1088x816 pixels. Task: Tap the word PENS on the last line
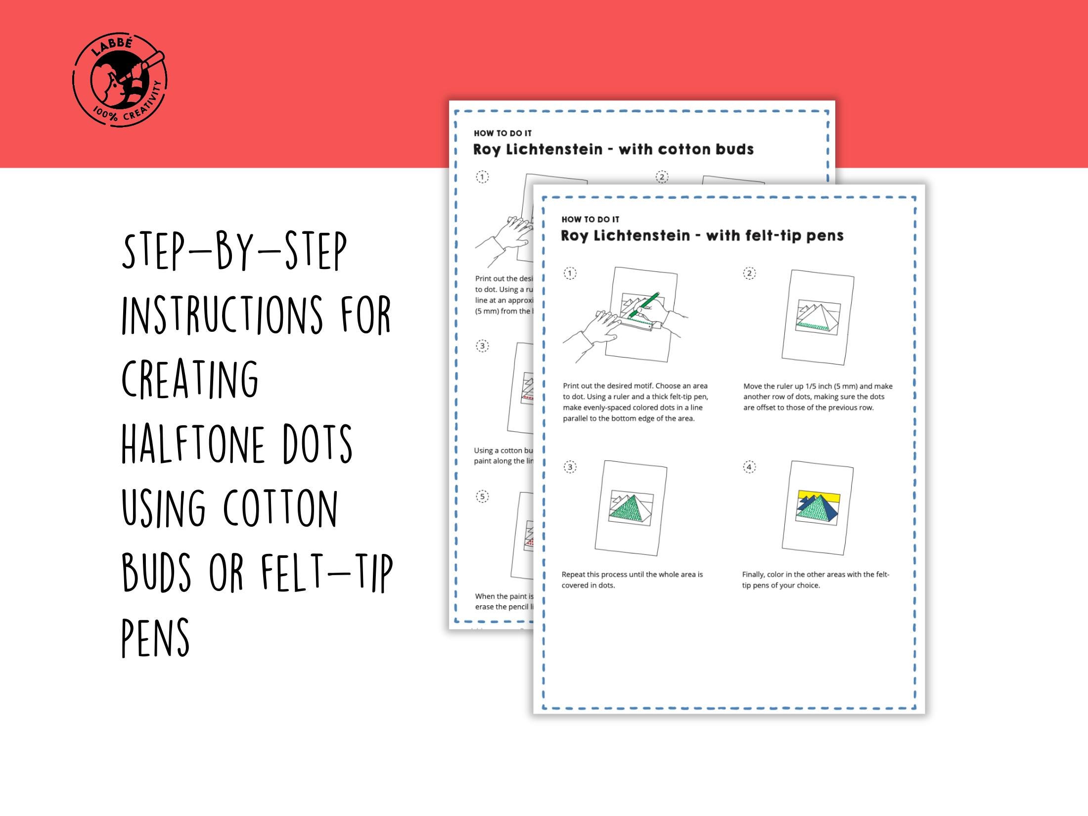(x=155, y=637)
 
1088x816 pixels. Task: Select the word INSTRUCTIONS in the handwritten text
(x=223, y=315)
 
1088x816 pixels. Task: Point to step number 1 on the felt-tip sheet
(x=570, y=273)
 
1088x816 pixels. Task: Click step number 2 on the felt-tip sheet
(x=749, y=273)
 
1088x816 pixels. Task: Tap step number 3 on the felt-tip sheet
(x=570, y=467)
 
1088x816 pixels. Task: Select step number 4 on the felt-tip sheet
(x=749, y=467)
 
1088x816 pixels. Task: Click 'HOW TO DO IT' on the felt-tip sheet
(x=590, y=219)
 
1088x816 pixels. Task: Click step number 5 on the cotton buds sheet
(x=482, y=497)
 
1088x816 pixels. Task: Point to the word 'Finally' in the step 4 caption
(x=753, y=574)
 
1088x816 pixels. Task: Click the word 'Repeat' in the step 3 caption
(x=573, y=574)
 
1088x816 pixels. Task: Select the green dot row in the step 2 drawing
(x=814, y=325)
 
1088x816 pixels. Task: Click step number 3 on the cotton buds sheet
(x=482, y=346)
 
